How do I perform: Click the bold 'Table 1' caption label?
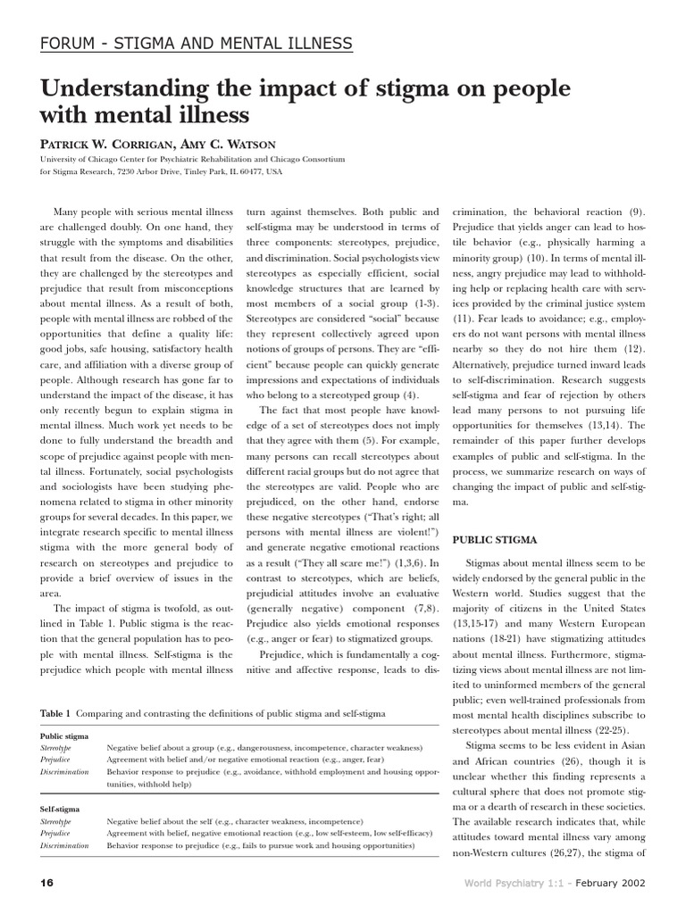tap(56, 714)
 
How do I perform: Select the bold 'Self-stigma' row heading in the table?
tap(60, 808)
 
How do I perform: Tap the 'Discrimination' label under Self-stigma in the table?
tap(65, 843)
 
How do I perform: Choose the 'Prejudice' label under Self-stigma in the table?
tap(55, 832)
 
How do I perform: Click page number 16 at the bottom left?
tap(47, 883)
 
